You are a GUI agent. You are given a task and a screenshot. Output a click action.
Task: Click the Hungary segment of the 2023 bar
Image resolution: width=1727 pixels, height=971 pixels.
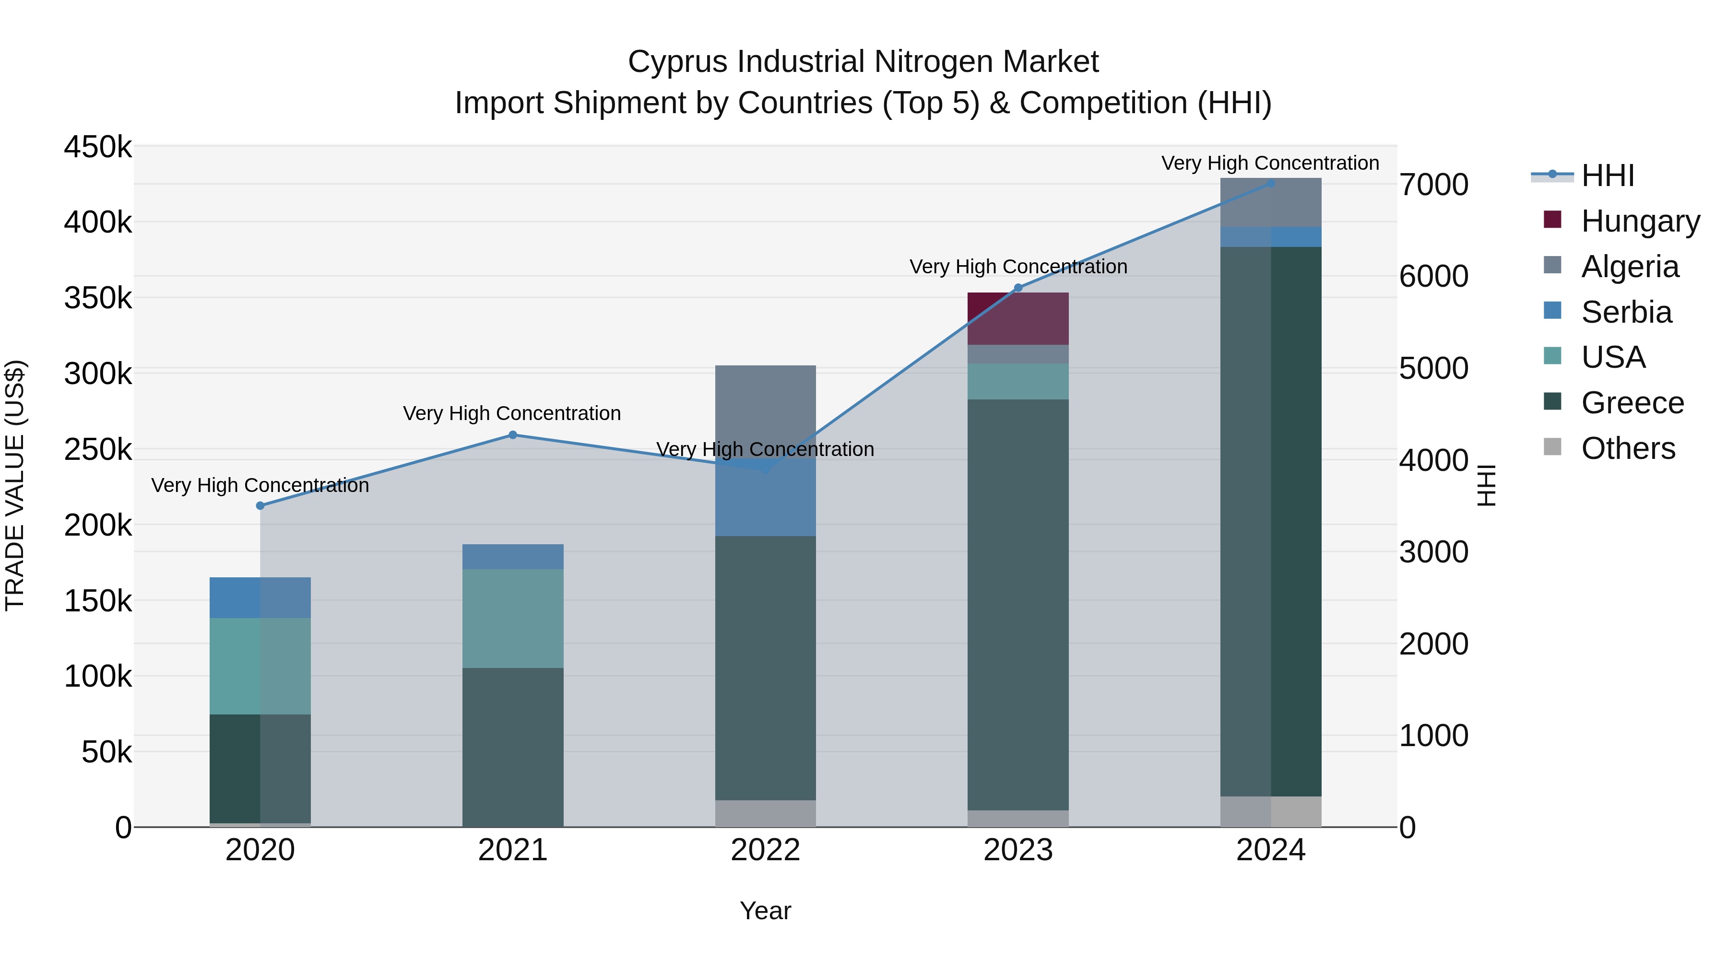tap(1017, 318)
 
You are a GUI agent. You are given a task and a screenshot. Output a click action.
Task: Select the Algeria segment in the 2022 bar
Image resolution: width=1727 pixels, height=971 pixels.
tap(765, 409)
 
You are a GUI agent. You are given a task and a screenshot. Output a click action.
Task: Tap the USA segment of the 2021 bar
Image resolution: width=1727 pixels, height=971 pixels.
tap(513, 618)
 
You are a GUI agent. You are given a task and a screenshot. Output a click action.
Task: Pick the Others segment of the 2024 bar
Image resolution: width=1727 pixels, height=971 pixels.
tap(1270, 811)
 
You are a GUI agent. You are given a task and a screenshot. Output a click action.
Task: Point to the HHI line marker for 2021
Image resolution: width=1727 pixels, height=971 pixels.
tap(513, 435)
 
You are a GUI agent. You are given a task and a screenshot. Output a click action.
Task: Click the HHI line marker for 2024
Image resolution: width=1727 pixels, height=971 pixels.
tap(1270, 183)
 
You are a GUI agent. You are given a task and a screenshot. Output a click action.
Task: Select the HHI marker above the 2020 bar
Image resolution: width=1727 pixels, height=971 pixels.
tap(260, 505)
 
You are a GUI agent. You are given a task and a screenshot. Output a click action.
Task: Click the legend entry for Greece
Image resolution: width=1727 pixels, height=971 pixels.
tap(1632, 403)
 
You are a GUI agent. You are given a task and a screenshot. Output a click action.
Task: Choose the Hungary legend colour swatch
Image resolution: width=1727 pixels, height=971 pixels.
tap(1552, 220)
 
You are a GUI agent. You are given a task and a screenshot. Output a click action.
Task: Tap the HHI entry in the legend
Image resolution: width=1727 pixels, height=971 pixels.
tap(1607, 175)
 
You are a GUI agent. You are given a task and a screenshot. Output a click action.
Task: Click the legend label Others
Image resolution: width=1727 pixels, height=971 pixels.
tap(1628, 448)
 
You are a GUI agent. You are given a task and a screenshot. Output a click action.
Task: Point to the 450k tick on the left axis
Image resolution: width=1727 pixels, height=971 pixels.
tap(98, 147)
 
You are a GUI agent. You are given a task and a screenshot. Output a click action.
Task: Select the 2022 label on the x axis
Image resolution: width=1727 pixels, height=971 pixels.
tap(765, 850)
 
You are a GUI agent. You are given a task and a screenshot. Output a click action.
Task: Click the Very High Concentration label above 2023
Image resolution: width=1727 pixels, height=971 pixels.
tap(1017, 267)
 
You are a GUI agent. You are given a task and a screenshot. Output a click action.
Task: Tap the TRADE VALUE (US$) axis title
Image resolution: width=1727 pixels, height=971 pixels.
tap(15, 485)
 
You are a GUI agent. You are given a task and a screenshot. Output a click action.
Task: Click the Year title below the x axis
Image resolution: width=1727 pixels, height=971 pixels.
tap(765, 911)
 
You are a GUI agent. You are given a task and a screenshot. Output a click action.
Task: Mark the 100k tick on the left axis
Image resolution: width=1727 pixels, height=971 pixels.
tap(98, 676)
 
